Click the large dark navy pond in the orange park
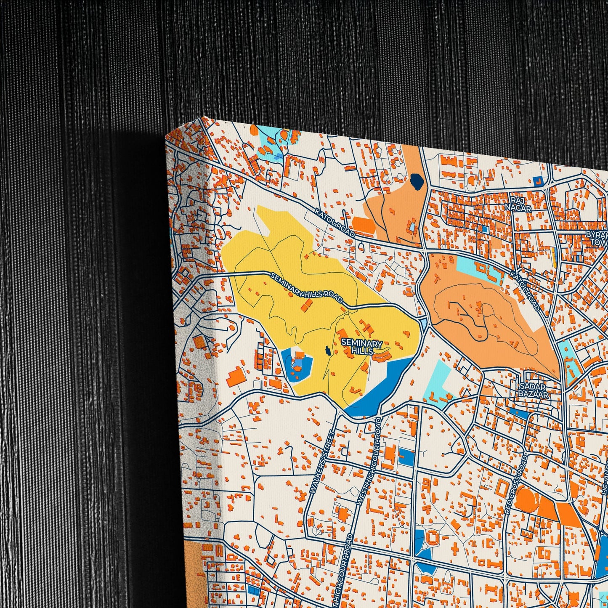click(x=417, y=181)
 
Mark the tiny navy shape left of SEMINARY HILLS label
click(x=327, y=350)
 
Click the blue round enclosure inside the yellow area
click(x=297, y=364)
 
